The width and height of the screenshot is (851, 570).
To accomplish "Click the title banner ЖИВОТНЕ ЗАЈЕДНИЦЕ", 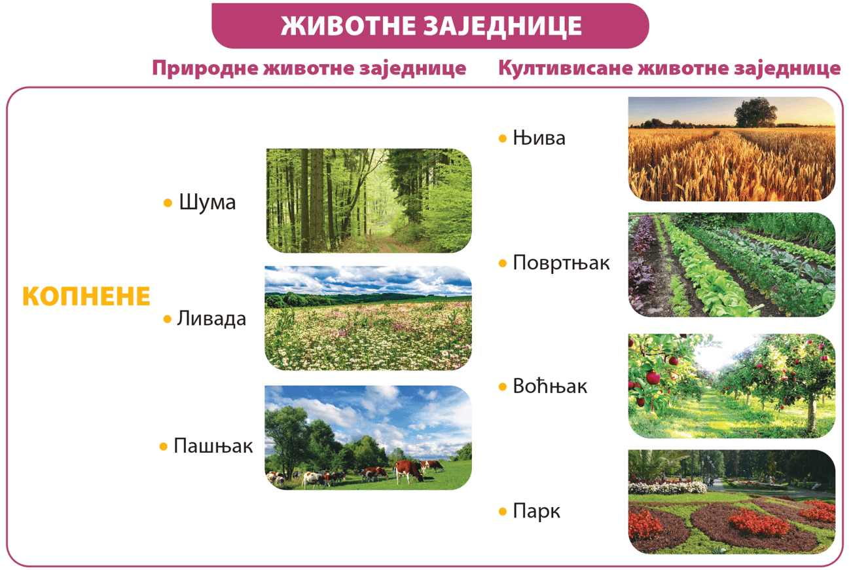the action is click(x=430, y=26).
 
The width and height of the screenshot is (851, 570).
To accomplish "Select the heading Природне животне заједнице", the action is click(x=309, y=69).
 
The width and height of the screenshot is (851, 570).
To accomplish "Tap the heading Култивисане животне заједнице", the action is click(x=670, y=69).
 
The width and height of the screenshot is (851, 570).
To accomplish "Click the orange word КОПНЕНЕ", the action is click(x=86, y=296).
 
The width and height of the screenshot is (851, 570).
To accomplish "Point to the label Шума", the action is click(x=208, y=202).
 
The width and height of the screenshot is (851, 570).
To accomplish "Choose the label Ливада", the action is click(x=211, y=318).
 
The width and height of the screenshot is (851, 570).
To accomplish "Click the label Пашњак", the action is click(x=213, y=446).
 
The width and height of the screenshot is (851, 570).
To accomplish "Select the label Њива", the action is click(x=539, y=138).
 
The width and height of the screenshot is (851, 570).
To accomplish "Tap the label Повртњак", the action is click(x=561, y=263).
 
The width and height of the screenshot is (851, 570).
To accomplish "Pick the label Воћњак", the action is click(x=550, y=387).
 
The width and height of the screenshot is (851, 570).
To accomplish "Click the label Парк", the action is click(x=536, y=511).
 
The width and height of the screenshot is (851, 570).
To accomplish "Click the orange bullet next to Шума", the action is click(x=168, y=202).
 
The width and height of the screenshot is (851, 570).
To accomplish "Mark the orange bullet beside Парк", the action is click(x=503, y=512).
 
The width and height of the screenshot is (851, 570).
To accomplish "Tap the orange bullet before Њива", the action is click(x=503, y=138).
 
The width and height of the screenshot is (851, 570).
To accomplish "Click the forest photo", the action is click(x=369, y=200).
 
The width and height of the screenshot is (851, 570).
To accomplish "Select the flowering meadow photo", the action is click(x=368, y=318).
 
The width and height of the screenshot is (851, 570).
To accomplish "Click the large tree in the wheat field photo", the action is click(x=755, y=112).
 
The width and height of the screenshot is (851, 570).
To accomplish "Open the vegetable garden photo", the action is click(x=732, y=265).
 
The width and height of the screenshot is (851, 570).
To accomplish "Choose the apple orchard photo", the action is click(x=732, y=386).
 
